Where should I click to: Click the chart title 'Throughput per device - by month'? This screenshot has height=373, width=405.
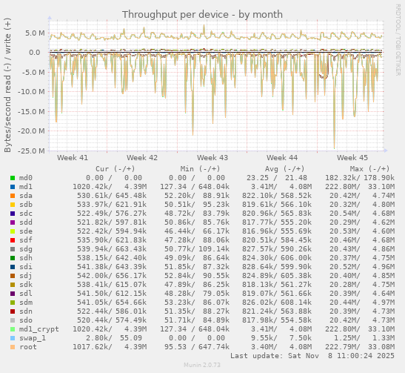202,14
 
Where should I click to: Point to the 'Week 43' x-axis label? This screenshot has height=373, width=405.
212,158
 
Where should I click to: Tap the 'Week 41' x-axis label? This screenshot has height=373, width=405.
72,158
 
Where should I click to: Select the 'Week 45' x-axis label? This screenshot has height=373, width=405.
352,158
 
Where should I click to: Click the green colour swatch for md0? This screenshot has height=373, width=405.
12,178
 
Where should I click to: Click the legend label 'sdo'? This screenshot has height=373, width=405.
25,320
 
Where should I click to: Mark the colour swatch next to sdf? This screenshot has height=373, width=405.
12,240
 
